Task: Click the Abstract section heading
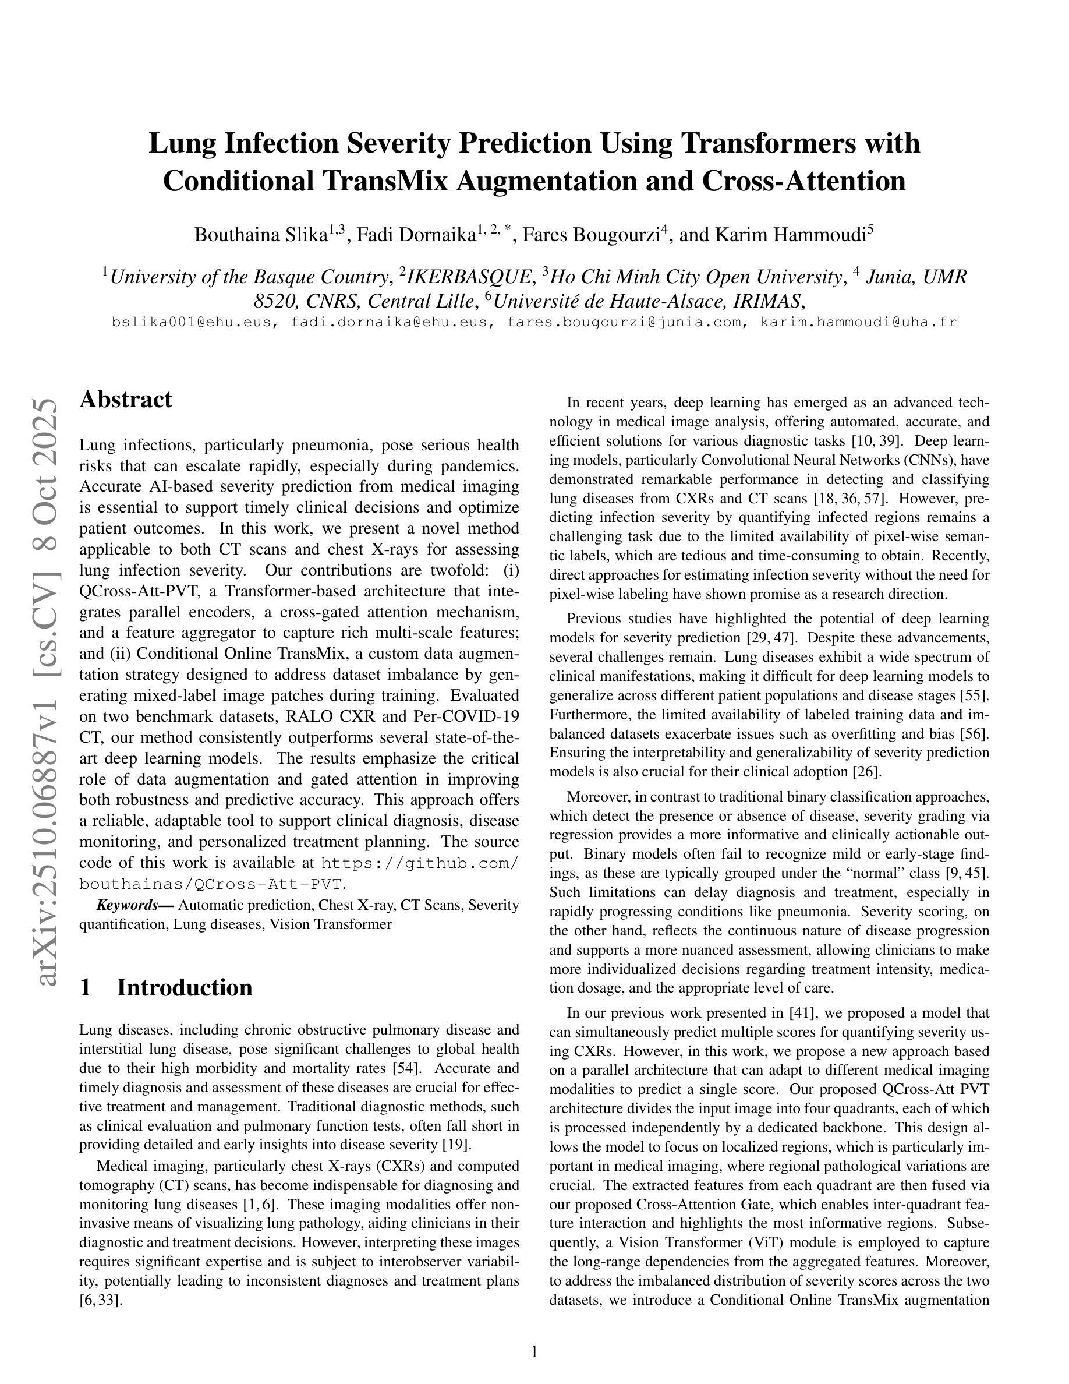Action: pos(125,400)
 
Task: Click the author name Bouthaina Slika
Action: pos(260,235)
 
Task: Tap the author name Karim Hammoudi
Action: pos(790,235)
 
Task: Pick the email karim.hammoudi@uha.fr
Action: pos(858,322)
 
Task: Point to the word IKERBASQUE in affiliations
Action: pos(469,277)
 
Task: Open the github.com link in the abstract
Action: pos(420,863)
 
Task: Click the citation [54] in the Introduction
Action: pos(405,1068)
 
